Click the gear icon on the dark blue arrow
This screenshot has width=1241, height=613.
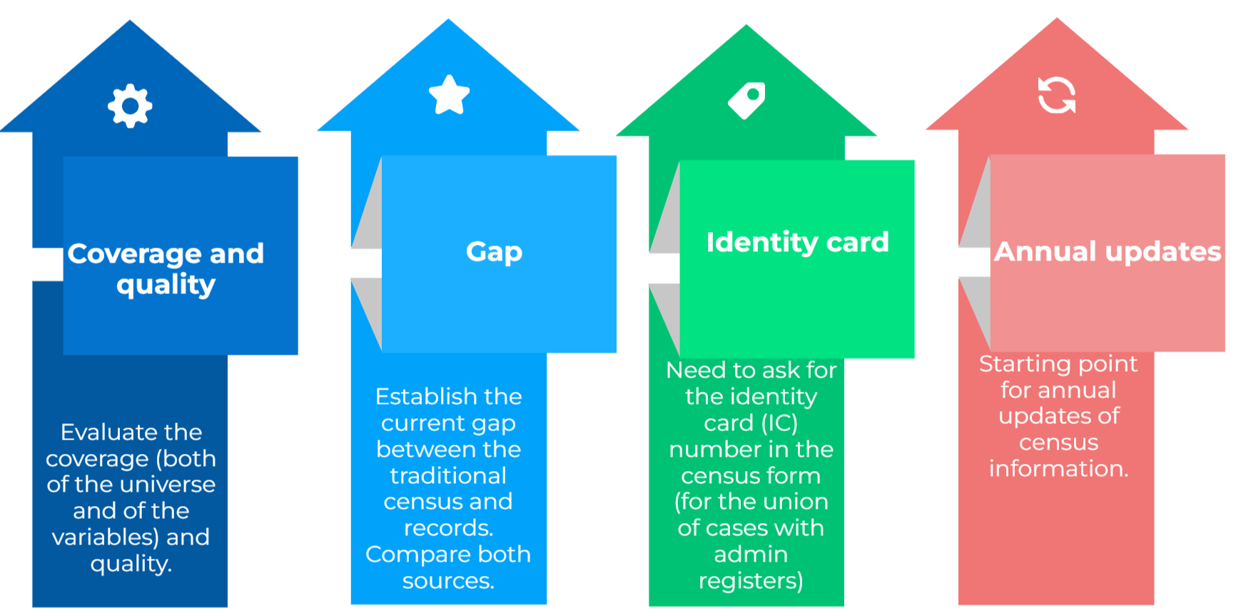coord(130,106)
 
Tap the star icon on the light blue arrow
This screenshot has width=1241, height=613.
coord(449,94)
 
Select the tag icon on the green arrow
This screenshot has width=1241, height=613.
coord(746,101)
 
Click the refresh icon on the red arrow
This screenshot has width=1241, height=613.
coord(1057,95)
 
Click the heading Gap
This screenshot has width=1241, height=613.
coord(494,253)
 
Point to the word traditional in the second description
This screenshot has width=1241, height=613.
coord(448,475)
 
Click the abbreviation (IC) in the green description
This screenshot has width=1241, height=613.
coord(780,423)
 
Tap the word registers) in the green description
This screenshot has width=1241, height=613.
coord(751,582)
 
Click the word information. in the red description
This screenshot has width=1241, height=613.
coord(1059,469)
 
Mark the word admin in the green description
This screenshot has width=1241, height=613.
coord(751,554)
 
